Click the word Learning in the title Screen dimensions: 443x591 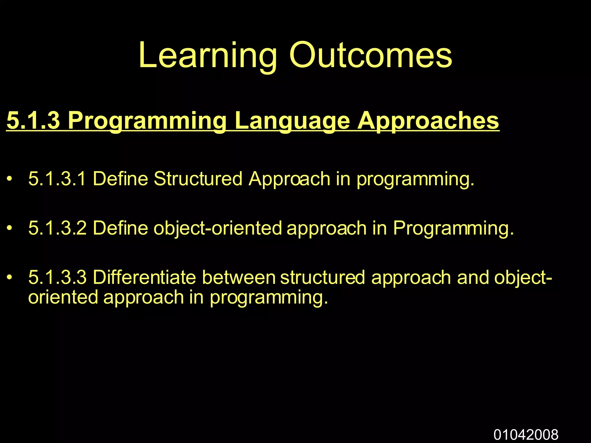coord(207,55)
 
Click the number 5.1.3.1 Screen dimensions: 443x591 coord(57,179)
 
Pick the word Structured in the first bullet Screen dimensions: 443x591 coord(198,179)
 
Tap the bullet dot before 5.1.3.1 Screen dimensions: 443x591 coord(10,179)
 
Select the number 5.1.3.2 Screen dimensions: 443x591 coord(57,228)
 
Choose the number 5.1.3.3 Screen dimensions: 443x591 coord(57,277)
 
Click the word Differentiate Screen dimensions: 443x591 coord(144,277)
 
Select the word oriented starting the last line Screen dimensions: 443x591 coord(63,297)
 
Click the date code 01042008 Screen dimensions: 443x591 coord(526,434)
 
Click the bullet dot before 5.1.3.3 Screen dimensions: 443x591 coord(10,278)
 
